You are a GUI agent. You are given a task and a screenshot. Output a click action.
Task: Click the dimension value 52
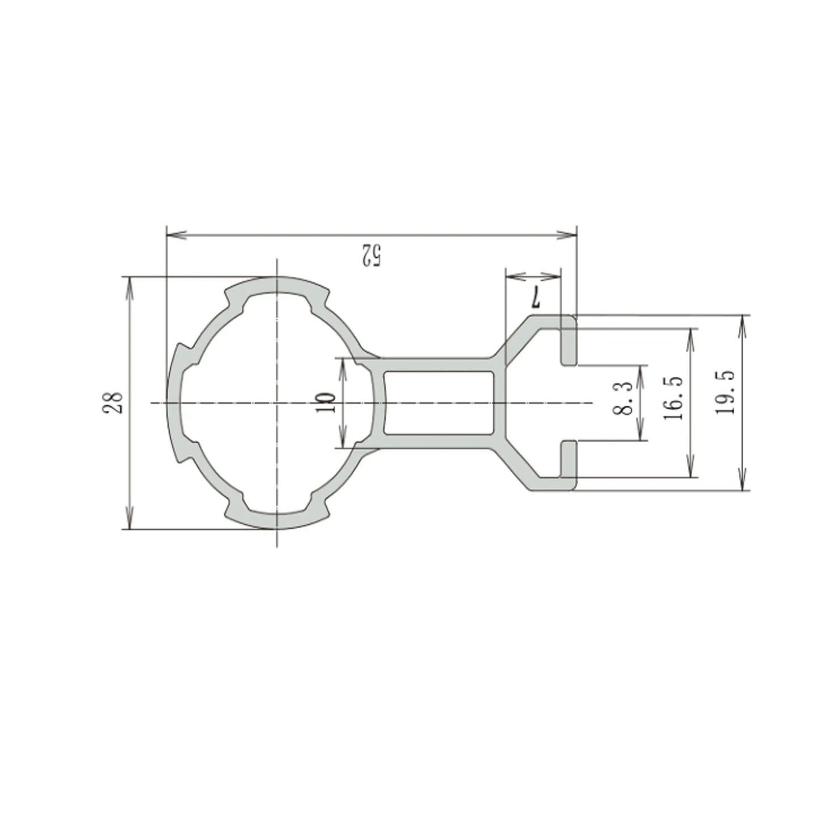click(x=370, y=255)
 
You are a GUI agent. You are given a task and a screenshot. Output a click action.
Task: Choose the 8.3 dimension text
click(x=624, y=398)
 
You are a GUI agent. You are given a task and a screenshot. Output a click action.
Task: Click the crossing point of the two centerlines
click(x=276, y=403)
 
